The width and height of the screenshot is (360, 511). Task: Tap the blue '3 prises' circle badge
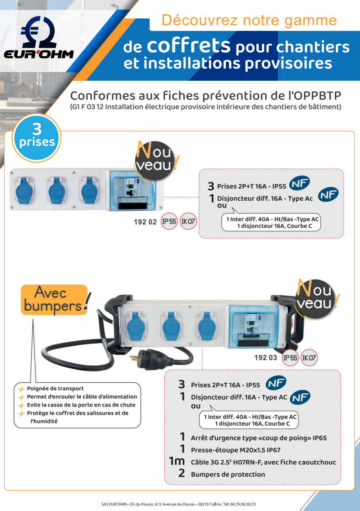[x=37, y=137]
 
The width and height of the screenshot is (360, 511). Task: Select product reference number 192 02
[x=145, y=222]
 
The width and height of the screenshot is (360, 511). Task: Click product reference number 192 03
[x=266, y=358]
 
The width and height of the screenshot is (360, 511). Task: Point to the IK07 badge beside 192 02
[x=188, y=221]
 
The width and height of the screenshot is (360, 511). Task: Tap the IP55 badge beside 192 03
[x=290, y=358]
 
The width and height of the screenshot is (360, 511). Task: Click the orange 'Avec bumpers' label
[x=55, y=300]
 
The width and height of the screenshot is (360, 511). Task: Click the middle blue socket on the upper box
[x=57, y=190]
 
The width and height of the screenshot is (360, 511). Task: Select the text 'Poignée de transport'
[x=55, y=388]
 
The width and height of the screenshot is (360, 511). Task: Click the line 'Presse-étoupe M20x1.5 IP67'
[x=235, y=450]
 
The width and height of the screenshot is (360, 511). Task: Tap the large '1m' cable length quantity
[x=177, y=461]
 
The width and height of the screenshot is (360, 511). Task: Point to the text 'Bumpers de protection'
[x=228, y=474]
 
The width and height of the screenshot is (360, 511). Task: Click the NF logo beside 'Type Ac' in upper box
[x=328, y=194]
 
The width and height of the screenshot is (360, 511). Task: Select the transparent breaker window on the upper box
[x=132, y=191]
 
